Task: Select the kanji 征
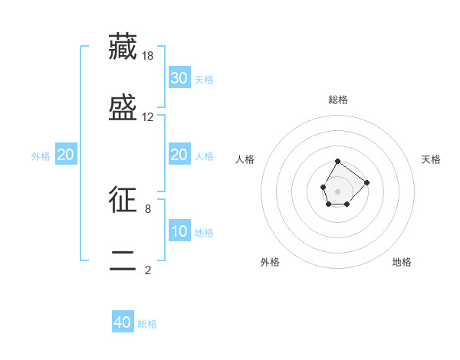tap(123, 199)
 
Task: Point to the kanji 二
tap(123, 260)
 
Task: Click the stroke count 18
tap(149, 56)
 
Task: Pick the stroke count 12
tap(149, 117)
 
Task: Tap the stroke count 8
tap(148, 208)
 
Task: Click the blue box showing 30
tap(179, 77)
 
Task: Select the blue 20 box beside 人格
tap(179, 155)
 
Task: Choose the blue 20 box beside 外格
tap(65, 155)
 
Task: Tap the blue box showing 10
tap(179, 231)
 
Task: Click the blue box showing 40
tap(123, 322)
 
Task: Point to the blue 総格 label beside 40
tap(147, 324)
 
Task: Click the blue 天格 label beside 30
tap(204, 79)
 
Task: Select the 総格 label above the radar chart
tap(338, 100)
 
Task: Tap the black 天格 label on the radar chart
tap(431, 159)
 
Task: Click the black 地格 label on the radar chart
tap(402, 262)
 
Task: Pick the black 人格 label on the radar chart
tap(245, 159)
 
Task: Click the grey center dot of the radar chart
tap(337, 190)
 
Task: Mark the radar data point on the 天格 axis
tap(366, 182)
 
